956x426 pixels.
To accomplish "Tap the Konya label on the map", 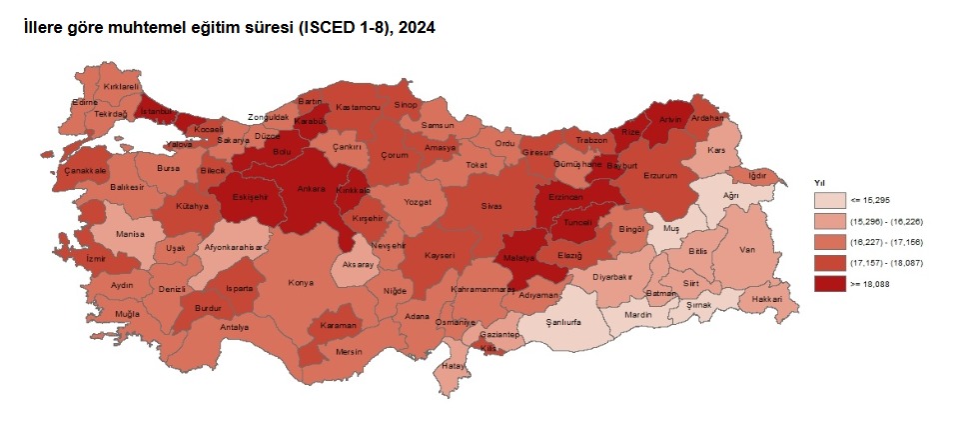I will click(x=301, y=283).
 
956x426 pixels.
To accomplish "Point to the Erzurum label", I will click(x=659, y=176).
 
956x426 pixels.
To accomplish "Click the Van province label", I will click(x=746, y=250).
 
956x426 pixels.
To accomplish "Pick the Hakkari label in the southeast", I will click(x=766, y=299).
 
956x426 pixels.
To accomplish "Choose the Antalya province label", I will click(x=233, y=327).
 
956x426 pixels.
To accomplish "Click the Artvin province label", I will click(x=669, y=120).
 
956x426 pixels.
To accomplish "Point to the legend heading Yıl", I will click(x=819, y=183).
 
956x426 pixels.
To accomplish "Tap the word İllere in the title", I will click(x=47, y=29).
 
